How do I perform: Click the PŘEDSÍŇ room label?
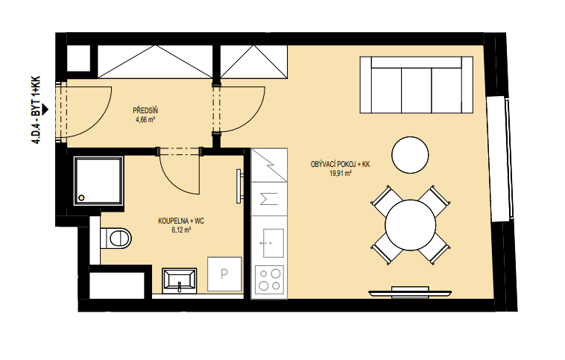145,110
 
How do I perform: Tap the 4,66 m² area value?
145,120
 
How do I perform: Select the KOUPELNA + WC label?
181,221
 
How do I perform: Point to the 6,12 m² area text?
181,230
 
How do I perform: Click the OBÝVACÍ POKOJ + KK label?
340,165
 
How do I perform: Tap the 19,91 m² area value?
341,174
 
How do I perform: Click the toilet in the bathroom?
116,238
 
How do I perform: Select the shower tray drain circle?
81,198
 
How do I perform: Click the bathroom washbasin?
180,280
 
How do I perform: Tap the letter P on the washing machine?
224,274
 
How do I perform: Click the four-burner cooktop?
269,280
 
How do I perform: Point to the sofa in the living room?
416,85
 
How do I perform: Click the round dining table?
411,225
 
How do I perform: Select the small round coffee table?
410,155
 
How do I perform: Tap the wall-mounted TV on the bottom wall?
410,293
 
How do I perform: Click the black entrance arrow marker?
45,110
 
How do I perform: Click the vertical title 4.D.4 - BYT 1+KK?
36,110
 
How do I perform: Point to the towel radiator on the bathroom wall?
239,186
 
